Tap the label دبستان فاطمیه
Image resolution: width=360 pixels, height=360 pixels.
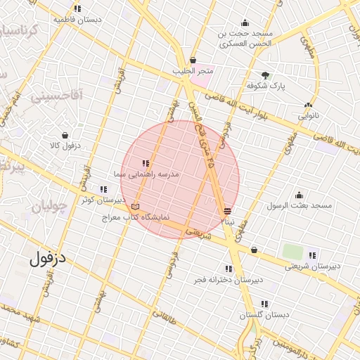pos(77,20)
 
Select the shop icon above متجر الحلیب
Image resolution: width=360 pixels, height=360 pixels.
pos(193,60)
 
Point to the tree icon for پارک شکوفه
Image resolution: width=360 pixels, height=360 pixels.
pos(265,75)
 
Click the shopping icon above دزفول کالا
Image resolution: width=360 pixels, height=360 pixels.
pos(65,134)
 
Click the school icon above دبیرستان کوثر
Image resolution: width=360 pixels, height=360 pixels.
pos(103,188)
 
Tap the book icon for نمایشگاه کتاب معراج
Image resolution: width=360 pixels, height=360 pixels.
pos(136,207)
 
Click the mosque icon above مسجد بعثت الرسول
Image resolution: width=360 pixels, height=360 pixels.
pos(299,195)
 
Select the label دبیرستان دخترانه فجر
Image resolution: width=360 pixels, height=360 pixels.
pos(229,280)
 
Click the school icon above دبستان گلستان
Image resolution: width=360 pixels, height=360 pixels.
pos(264,304)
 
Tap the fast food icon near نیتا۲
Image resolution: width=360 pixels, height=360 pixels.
pos(227,211)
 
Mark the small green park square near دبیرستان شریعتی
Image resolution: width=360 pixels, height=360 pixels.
pos(290,250)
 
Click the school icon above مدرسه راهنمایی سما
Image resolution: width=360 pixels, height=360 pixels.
pos(146,163)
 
